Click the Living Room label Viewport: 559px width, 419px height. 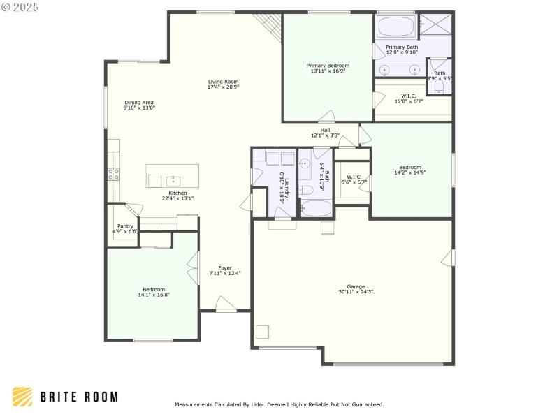223,81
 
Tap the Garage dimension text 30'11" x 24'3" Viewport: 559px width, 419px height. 356,292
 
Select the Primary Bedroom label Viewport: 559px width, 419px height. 328,65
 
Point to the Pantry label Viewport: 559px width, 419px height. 126,226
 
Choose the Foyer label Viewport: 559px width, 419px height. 224,267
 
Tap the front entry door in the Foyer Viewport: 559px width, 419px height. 226,304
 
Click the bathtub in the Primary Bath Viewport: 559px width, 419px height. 395,27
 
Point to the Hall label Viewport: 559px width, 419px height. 325,129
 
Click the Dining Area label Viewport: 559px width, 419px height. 139,102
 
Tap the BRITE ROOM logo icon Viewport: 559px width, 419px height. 22,397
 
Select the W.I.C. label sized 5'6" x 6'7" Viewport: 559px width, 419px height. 354,177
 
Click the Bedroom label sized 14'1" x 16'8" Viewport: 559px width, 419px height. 154,289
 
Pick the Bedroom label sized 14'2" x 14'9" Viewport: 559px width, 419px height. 410,167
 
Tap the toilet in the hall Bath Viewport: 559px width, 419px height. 306,190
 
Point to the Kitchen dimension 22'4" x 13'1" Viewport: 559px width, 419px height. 177,198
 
